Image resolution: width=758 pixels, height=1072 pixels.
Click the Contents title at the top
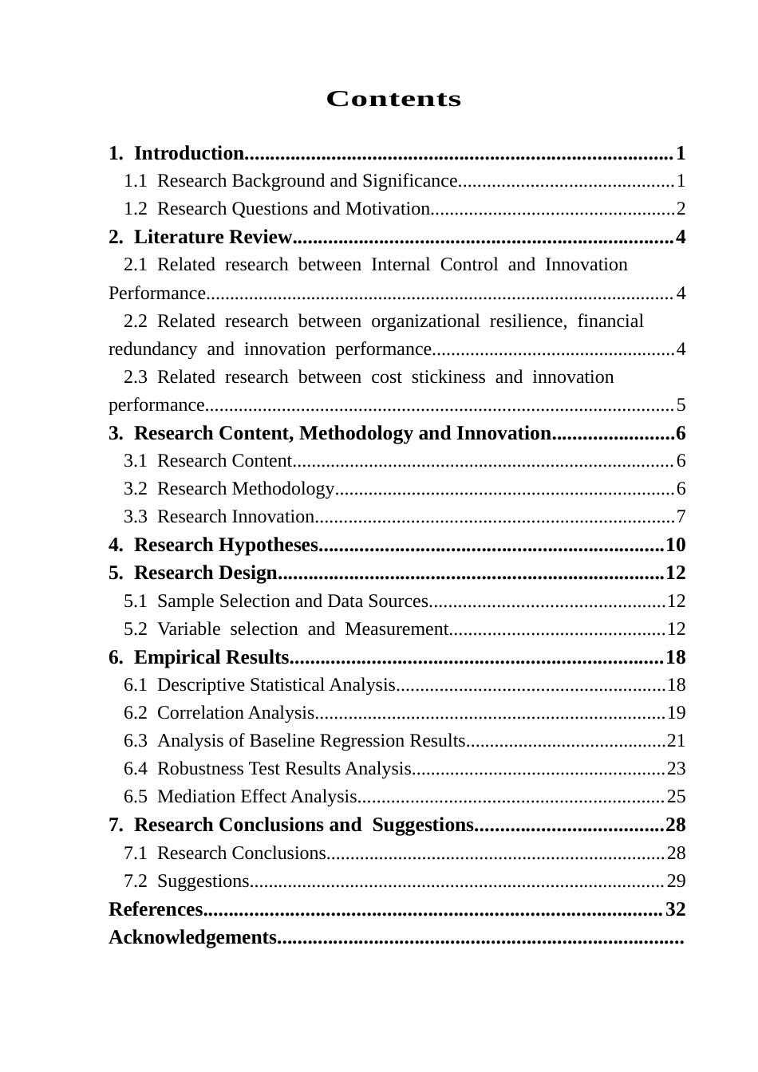click(x=393, y=99)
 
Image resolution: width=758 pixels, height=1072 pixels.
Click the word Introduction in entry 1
click(x=189, y=153)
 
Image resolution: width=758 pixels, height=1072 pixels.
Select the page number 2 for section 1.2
click(x=681, y=209)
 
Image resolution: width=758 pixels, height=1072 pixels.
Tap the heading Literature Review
click(x=213, y=237)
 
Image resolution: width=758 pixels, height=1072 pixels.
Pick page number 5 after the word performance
click(x=681, y=405)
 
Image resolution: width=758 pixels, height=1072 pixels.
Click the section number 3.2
click(x=136, y=489)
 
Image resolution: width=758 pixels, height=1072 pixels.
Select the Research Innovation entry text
click(x=235, y=517)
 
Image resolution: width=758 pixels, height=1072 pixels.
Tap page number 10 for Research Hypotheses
click(x=675, y=545)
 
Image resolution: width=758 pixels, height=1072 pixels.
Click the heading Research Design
click(x=206, y=573)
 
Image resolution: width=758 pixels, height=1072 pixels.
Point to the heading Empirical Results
click(x=211, y=657)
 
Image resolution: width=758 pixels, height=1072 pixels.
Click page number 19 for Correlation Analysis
click(x=676, y=713)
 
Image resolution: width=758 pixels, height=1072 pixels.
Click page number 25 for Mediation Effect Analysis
click(x=676, y=797)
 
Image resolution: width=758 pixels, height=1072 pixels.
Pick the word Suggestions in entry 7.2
click(x=203, y=881)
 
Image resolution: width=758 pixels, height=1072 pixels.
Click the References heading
click(x=156, y=909)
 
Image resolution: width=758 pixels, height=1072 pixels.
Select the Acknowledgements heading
click(x=192, y=937)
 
